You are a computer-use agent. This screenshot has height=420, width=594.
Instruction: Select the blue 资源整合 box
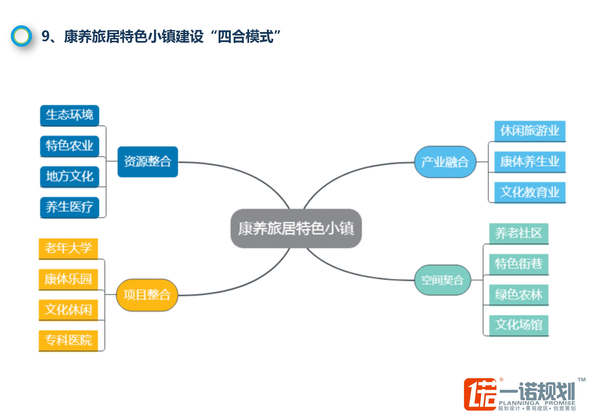pos(148,162)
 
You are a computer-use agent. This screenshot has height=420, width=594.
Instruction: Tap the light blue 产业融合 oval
pos(445,162)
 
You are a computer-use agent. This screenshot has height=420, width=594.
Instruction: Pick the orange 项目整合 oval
pos(147,295)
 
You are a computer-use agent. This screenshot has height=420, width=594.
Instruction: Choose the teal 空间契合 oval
pos(442,280)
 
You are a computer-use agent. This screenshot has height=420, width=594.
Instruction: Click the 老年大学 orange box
pos(68,248)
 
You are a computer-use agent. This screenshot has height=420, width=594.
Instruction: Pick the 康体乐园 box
pos(68,279)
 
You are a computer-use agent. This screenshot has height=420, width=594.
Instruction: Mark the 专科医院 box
pos(68,340)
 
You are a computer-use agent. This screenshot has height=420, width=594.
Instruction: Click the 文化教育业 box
pos(530,192)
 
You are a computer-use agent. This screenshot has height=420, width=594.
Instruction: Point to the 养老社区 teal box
pos(519,233)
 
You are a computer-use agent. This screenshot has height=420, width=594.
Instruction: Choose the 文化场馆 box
pos(519,325)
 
